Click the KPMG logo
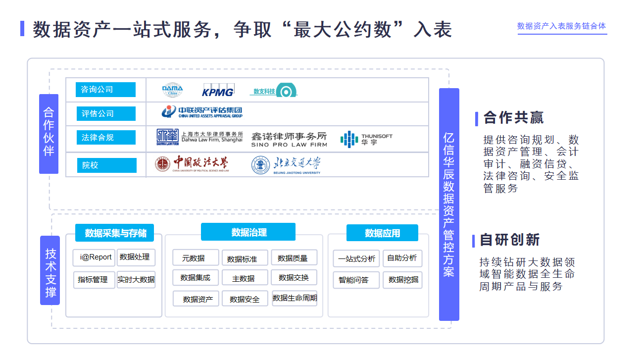pyautogui.click(x=217, y=91)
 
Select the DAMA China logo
pyautogui.click(x=172, y=91)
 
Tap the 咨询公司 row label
pyautogui.click(x=105, y=90)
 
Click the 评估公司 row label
pyautogui.click(x=105, y=113)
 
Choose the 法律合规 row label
pyautogui.click(x=105, y=137)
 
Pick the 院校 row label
pyautogui.click(x=106, y=165)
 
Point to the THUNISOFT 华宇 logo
pyautogui.click(x=366, y=139)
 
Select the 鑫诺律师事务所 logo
pyautogui.click(x=289, y=139)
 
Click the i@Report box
pyautogui.click(x=94, y=257)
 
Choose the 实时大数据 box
pyautogui.click(x=136, y=280)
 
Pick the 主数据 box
pyautogui.click(x=245, y=278)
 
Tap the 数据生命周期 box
pyautogui.click(x=295, y=298)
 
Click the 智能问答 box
pyautogui.click(x=353, y=280)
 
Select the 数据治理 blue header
pyautogui.click(x=248, y=232)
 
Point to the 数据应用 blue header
pyautogui.click(x=382, y=233)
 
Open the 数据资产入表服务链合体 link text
pyautogui.click(x=561, y=26)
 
